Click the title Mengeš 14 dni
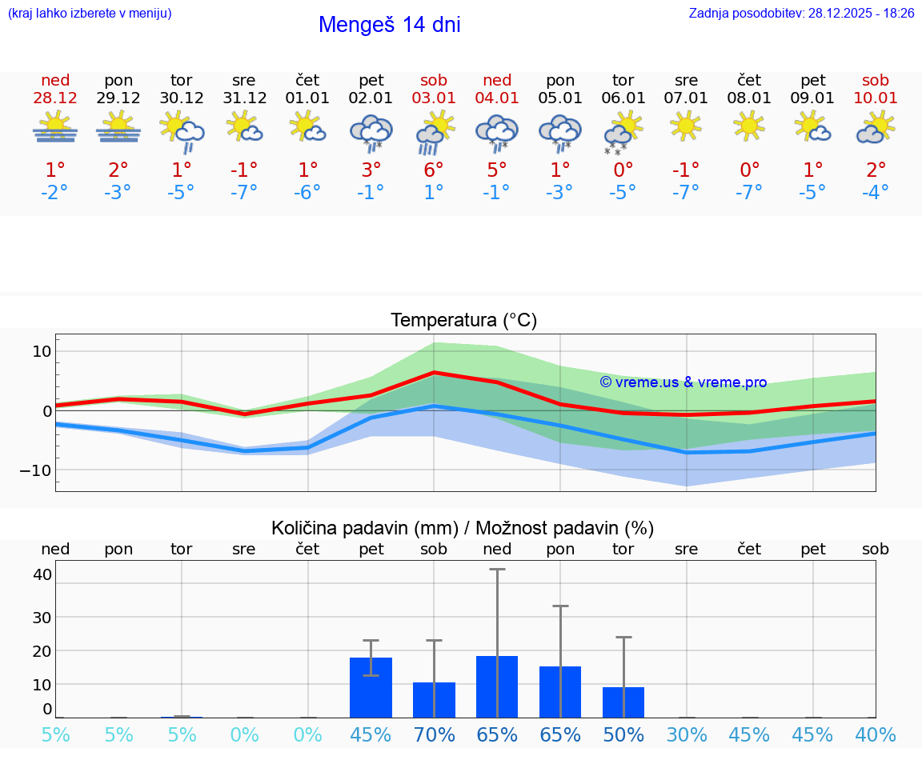pos(389,25)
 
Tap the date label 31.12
pos(244,98)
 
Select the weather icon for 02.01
pos(371,131)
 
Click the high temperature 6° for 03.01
pos(434,170)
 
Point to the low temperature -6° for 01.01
pos(307,192)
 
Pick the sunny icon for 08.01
pos(749,126)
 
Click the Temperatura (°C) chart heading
pos(463,320)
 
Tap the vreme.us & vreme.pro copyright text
pos(683,382)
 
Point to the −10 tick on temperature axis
pos(36,470)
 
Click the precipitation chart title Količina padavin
pos(463,528)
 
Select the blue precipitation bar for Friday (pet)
pos(371,688)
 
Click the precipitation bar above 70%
pos(434,700)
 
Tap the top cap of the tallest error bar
pos(497,569)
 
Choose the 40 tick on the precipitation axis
pos(42,574)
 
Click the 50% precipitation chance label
pos(623,734)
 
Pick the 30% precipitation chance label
pos(687,734)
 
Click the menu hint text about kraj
pos(89,13)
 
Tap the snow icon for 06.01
pos(623,134)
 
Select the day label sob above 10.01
pos(876,80)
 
